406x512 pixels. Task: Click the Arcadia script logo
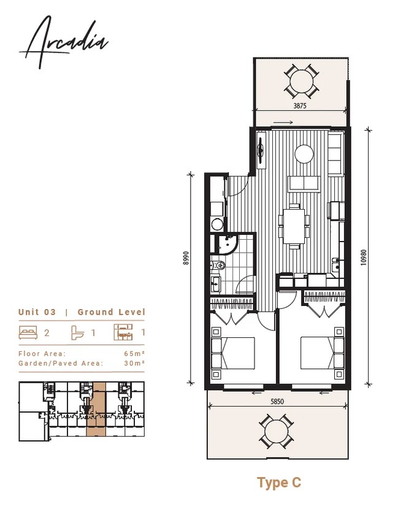pos(64,42)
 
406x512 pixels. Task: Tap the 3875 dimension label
pos(300,106)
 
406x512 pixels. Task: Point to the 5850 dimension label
pos(277,402)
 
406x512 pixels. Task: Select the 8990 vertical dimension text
pos(186,258)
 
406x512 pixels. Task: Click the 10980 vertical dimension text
pos(364,258)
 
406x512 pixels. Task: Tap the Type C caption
pos(279,483)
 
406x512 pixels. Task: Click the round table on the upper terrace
pos(302,81)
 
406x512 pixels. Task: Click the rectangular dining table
pos(294,226)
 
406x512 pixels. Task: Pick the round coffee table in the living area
pos(304,154)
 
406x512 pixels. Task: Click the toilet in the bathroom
pos(218,264)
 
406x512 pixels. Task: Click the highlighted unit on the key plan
pos(96,410)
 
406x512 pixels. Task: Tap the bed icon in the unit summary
pos(28,332)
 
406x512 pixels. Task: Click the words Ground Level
pos(111,312)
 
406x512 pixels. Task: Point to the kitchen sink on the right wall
pos(336,265)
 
